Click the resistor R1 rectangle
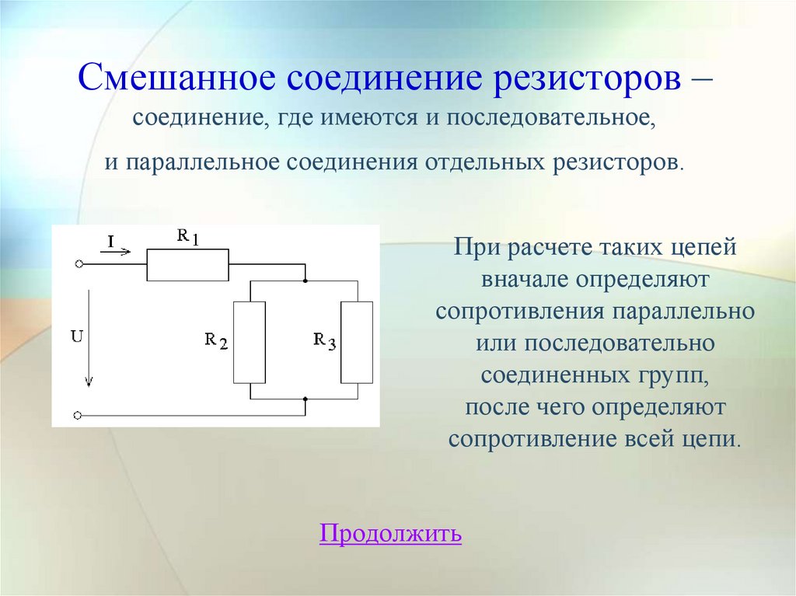187,265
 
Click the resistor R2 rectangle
250,342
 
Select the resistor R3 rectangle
357,342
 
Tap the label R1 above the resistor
187,238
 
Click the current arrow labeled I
121,246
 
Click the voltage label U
76,336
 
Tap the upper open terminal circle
79,264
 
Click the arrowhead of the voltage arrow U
89,380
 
